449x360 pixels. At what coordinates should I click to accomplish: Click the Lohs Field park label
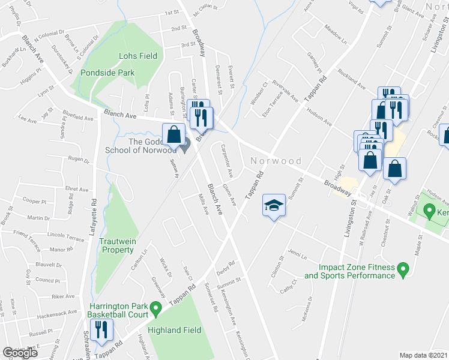tap(138, 56)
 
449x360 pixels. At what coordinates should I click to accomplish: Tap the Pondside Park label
tap(109, 73)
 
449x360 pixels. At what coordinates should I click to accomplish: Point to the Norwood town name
tap(277, 161)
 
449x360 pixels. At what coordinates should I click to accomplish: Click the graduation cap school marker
tap(273, 206)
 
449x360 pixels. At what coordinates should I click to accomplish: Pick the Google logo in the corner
tap(20, 353)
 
